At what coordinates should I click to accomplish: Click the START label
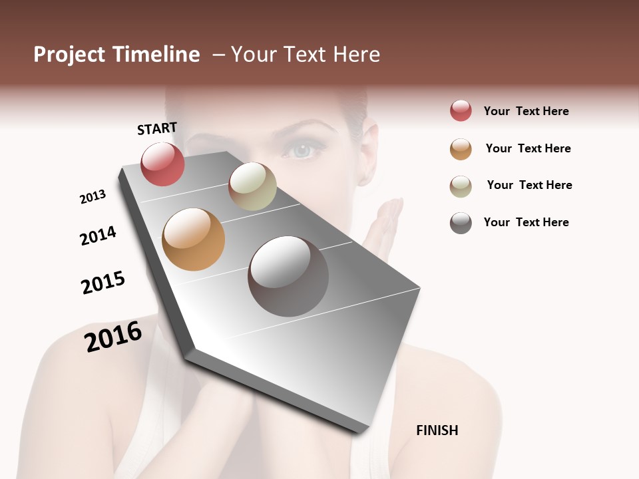(157, 128)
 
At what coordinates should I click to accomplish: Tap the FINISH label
(437, 430)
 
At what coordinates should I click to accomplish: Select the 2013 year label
(93, 197)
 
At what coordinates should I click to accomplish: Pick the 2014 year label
(98, 236)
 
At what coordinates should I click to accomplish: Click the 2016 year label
(113, 337)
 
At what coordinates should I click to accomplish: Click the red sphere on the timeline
(162, 164)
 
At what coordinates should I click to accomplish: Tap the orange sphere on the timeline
(193, 239)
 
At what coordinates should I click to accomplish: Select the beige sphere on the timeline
(252, 186)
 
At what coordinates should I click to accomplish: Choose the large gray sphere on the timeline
(288, 276)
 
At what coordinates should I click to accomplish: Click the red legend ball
(461, 111)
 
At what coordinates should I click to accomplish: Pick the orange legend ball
(461, 149)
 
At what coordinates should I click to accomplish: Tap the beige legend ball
(461, 186)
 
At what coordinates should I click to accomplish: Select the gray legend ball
(461, 223)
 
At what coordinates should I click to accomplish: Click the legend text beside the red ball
(526, 111)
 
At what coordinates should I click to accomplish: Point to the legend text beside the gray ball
(526, 222)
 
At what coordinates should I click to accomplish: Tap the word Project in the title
(69, 55)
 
